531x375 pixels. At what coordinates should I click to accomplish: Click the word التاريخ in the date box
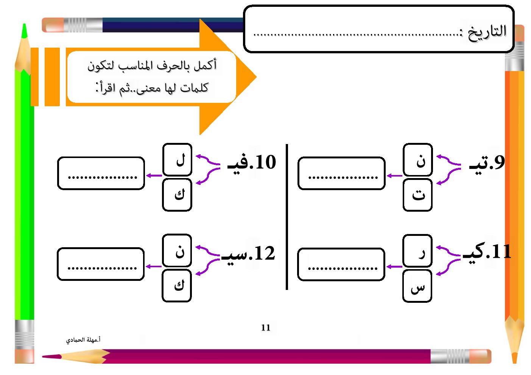pyautogui.click(x=487, y=32)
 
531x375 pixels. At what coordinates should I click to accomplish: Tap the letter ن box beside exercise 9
pyautogui.click(x=418, y=160)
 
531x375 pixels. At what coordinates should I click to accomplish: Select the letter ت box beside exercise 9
pyautogui.click(x=417, y=195)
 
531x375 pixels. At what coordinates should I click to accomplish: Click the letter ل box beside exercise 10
pyautogui.click(x=178, y=160)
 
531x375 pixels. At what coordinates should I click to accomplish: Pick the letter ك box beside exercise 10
pyautogui.click(x=177, y=195)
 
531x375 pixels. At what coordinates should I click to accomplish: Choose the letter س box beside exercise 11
pyautogui.click(x=417, y=286)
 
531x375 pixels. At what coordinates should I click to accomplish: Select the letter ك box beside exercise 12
pyautogui.click(x=177, y=285)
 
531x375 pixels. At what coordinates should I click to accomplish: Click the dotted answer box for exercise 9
pyautogui.click(x=341, y=174)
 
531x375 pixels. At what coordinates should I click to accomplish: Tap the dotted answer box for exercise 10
pyautogui.click(x=101, y=174)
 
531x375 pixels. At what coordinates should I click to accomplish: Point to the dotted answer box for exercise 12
pyautogui.click(x=101, y=264)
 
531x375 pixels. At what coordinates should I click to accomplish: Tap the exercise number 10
pyautogui.click(x=265, y=163)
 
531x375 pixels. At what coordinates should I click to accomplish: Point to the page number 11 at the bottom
pyautogui.click(x=266, y=328)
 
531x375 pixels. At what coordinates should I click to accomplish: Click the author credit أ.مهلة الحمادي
pyautogui.click(x=83, y=340)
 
